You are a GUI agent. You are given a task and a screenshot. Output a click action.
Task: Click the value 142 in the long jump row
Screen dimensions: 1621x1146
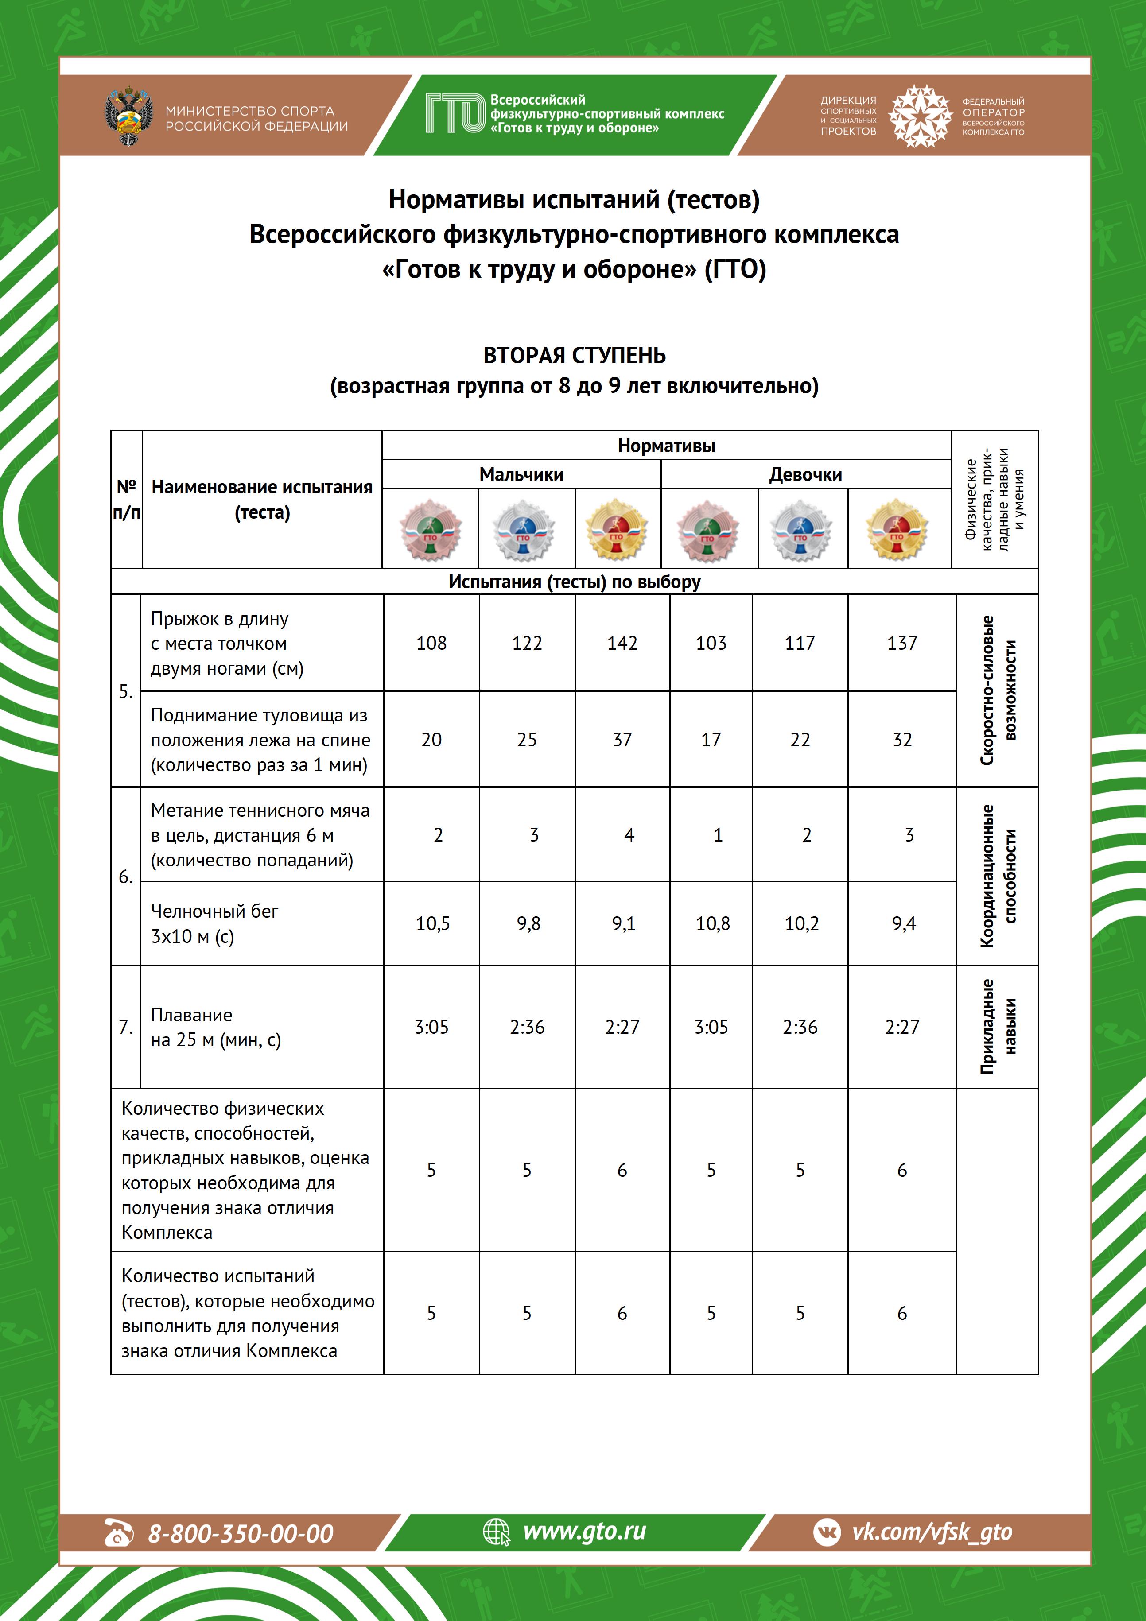622,643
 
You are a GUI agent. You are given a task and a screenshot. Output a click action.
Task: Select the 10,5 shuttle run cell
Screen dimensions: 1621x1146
432,923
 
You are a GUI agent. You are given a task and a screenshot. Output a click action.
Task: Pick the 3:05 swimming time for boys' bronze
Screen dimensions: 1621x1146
431,1027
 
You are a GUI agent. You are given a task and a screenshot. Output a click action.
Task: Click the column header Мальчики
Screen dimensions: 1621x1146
521,474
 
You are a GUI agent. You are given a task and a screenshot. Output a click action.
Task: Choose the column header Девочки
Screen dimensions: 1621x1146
805,474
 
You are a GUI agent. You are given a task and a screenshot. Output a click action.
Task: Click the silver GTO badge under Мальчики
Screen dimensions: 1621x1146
523,530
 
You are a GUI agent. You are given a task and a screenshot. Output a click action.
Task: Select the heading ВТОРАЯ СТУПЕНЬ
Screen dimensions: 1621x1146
574,355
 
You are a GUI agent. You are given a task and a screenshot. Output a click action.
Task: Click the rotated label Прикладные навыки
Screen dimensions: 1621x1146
998,1027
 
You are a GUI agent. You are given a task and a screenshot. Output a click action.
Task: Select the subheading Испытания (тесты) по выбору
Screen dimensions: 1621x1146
574,582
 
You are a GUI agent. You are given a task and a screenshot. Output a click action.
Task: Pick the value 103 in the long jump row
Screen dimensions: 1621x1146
711,643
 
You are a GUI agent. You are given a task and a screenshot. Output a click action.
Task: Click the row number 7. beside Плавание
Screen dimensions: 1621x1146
126,1027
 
